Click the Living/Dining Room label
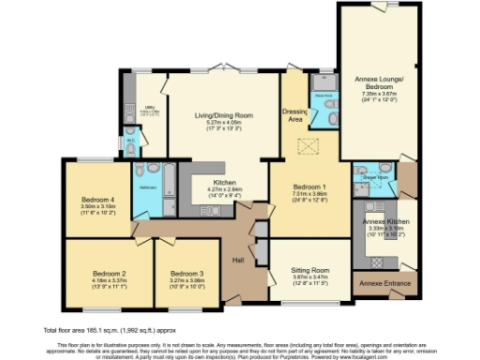[x=217, y=115]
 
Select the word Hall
[x=237, y=262]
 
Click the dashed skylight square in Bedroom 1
[x=304, y=148]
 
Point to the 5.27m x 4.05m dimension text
[x=217, y=122]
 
